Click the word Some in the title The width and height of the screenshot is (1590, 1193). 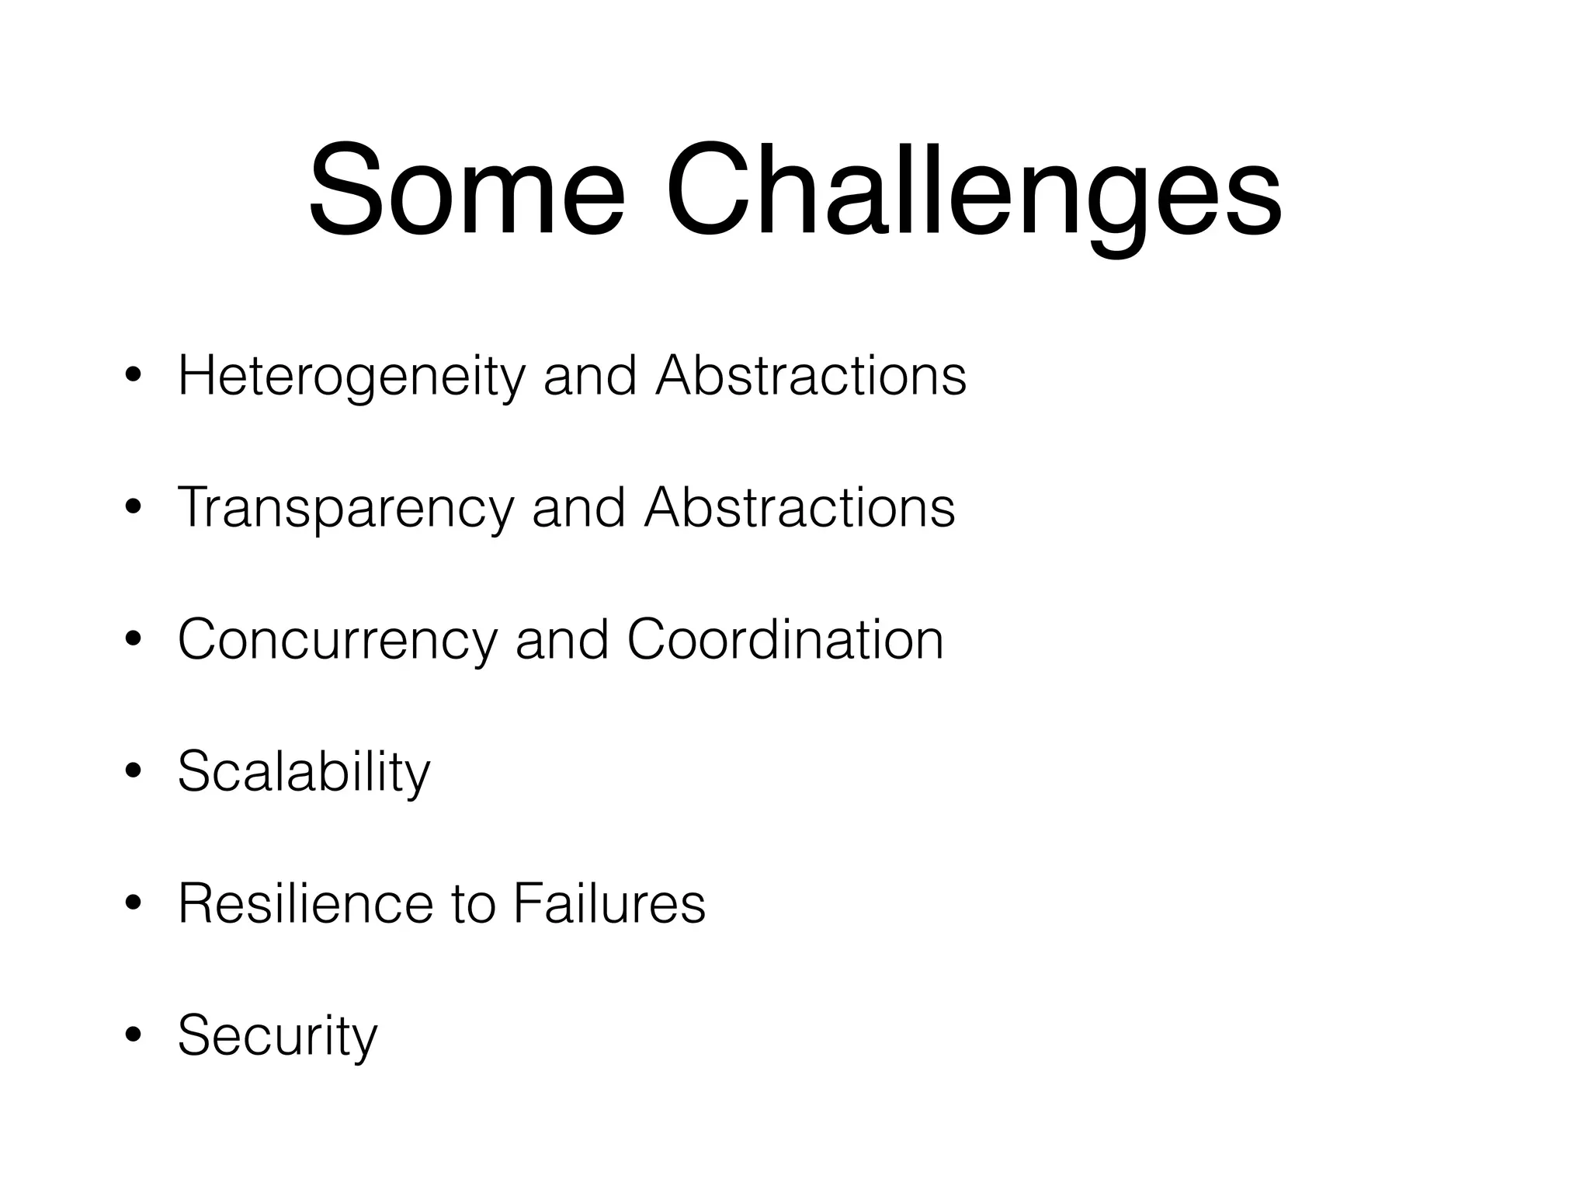click(x=466, y=190)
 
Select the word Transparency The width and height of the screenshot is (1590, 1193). click(x=345, y=509)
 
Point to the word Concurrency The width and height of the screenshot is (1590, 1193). click(x=337, y=641)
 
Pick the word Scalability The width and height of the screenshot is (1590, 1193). click(x=304, y=773)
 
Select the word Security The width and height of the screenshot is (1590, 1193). click(x=277, y=1037)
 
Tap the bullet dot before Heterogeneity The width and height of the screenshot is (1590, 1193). click(x=133, y=377)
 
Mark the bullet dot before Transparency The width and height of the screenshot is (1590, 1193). click(x=133, y=509)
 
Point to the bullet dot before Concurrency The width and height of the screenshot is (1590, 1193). click(x=133, y=641)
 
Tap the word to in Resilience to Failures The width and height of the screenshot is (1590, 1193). click(x=472, y=905)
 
